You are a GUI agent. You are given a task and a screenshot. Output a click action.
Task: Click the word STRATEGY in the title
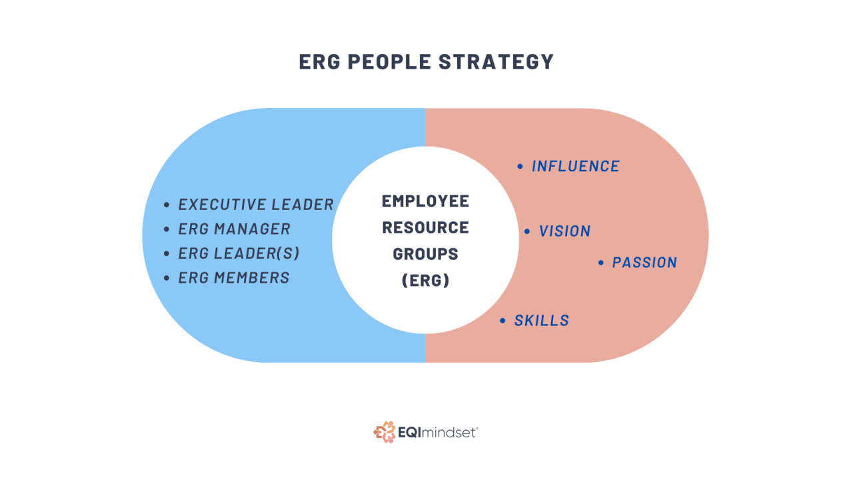pos(496,61)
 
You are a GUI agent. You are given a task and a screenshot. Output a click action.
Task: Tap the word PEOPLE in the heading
pos(386,61)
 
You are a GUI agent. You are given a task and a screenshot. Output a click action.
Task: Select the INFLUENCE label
pos(576,166)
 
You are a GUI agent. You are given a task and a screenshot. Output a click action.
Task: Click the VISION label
pos(565,231)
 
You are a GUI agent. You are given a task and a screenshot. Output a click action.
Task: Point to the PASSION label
pos(644,263)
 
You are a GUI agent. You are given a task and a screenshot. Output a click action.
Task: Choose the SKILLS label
pos(542,321)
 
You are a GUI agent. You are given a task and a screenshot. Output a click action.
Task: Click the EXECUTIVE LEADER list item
pos(256,205)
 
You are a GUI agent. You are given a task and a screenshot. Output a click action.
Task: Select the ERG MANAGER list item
pos(235,229)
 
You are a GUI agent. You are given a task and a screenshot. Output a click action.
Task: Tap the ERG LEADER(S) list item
pos(239,253)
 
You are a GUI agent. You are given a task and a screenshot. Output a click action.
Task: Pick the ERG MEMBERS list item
pos(234,277)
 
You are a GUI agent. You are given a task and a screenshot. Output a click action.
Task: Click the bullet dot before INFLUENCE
pos(520,167)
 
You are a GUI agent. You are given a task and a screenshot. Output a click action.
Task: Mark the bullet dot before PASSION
pos(601,263)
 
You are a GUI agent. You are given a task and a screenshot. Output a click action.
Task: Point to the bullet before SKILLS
pos(503,321)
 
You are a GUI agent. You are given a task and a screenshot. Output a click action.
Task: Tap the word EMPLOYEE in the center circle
pos(425,201)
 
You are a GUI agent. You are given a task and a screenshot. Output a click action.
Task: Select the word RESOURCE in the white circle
pos(425,227)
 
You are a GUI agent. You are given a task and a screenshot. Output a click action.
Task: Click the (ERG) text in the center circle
pos(425,281)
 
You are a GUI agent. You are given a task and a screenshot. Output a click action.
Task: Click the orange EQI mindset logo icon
pos(384,432)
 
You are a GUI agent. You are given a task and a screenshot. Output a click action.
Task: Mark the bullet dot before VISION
pos(527,232)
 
